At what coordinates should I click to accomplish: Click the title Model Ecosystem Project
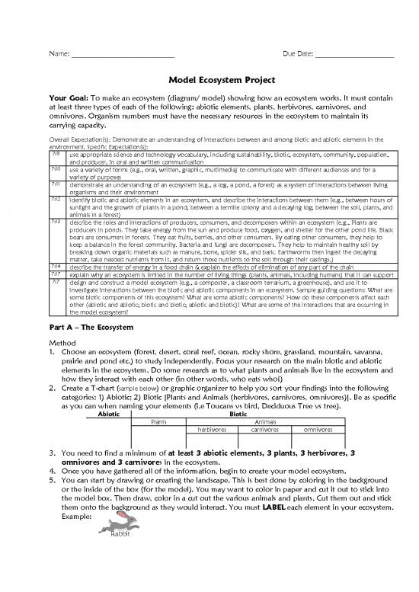click(x=209, y=87)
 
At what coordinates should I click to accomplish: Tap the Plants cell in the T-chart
click(x=159, y=421)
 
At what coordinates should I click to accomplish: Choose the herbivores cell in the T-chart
click(x=213, y=429)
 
